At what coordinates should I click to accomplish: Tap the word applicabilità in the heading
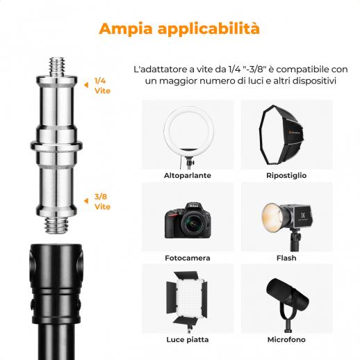tap(208, 28)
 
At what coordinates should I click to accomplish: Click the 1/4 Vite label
tap(102, 86)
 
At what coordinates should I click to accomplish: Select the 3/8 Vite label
tap(102, 202)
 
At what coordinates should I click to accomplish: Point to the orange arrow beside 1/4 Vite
tap(86, 85)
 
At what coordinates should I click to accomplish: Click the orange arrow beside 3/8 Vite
tap(86, 201)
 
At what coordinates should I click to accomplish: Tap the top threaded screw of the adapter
tap(57, 67)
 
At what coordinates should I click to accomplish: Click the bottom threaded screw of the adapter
tap(57, 225)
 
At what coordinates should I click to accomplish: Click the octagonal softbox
tap(281, 135)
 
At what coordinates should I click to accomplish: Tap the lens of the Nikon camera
tap(193, 223)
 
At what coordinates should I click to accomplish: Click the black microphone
tap(287, 297)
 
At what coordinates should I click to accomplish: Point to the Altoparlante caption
tap(188, 175)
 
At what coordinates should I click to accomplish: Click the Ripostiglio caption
tap(286, 176)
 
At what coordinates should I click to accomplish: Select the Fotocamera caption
tap(188, 258)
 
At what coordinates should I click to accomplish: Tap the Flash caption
tap(286, 258)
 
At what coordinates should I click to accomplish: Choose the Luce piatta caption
tap(188, 340)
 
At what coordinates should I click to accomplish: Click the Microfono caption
tap(286, 340)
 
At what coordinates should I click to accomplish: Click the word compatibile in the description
tap(302, 69)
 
